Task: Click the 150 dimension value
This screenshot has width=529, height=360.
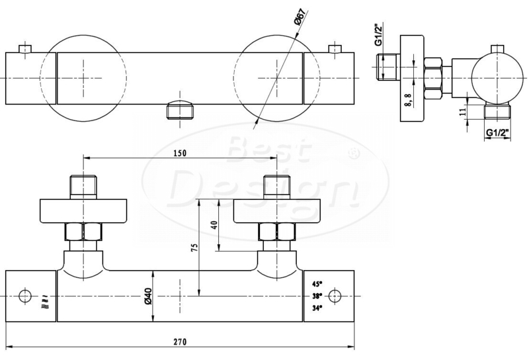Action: click(x=180, y=153)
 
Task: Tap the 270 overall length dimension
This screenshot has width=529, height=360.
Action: click(x=180, y=341)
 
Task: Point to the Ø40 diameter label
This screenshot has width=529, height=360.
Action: click(x=148, y=297)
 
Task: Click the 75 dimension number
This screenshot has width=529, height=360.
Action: click(x=194, y=247)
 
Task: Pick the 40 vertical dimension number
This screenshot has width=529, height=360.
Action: click(x=214, y=225)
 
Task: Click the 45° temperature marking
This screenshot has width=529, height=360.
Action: click(x=317, y=283)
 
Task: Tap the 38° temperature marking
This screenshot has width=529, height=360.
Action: click(x=317, y=296)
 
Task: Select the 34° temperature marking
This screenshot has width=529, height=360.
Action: click(x=317, y=308)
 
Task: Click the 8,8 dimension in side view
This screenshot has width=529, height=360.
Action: click(x=408, y=101)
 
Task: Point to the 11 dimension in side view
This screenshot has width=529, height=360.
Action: click(x=464, y=111)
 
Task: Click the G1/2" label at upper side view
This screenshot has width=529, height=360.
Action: click(x=379, y=34)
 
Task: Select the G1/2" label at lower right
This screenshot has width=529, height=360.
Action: click(x=497, y=133)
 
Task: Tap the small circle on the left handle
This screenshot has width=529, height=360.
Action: click(x=25, y=296)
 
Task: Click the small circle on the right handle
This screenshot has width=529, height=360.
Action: click(x=335, y=296)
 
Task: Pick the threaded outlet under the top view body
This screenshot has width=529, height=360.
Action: click(x=180, y=109)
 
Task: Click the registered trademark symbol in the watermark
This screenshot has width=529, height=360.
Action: click(x=353, y=154)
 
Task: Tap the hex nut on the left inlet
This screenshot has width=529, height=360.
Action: click(x=83, y=232)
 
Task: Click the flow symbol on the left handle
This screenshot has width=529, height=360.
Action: click(x=46, y=302)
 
